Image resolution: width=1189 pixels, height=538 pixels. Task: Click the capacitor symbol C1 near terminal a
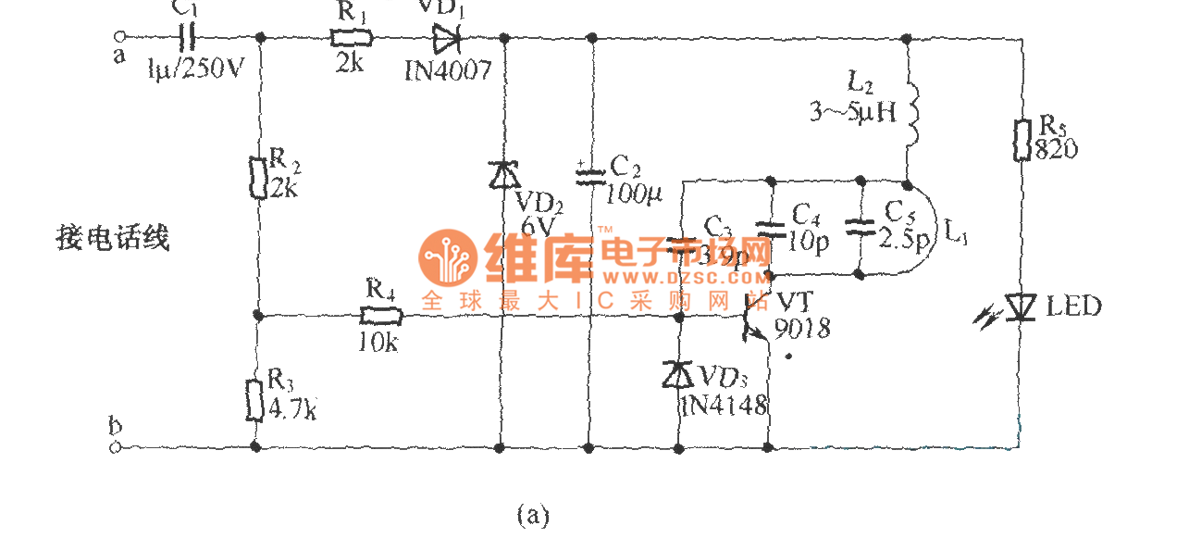click(x=187, y=38)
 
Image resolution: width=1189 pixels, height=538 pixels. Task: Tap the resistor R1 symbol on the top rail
click(x=352, y=38)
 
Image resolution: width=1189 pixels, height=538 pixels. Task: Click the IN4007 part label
click(x=448, y=71)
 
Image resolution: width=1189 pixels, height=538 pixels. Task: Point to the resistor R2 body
click(x=260, y=178)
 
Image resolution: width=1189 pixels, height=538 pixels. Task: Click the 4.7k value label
click(x=292, y=408)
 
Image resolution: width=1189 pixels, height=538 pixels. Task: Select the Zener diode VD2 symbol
click(x=502, y=173)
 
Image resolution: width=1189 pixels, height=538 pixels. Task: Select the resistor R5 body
click(x=1023, y=139)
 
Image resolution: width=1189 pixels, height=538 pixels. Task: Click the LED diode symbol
click(x=1022, y=307)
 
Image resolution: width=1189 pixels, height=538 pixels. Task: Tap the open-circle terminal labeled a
click(x=118, y=38)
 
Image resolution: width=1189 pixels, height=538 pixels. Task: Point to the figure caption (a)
click(x=533, y=514)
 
